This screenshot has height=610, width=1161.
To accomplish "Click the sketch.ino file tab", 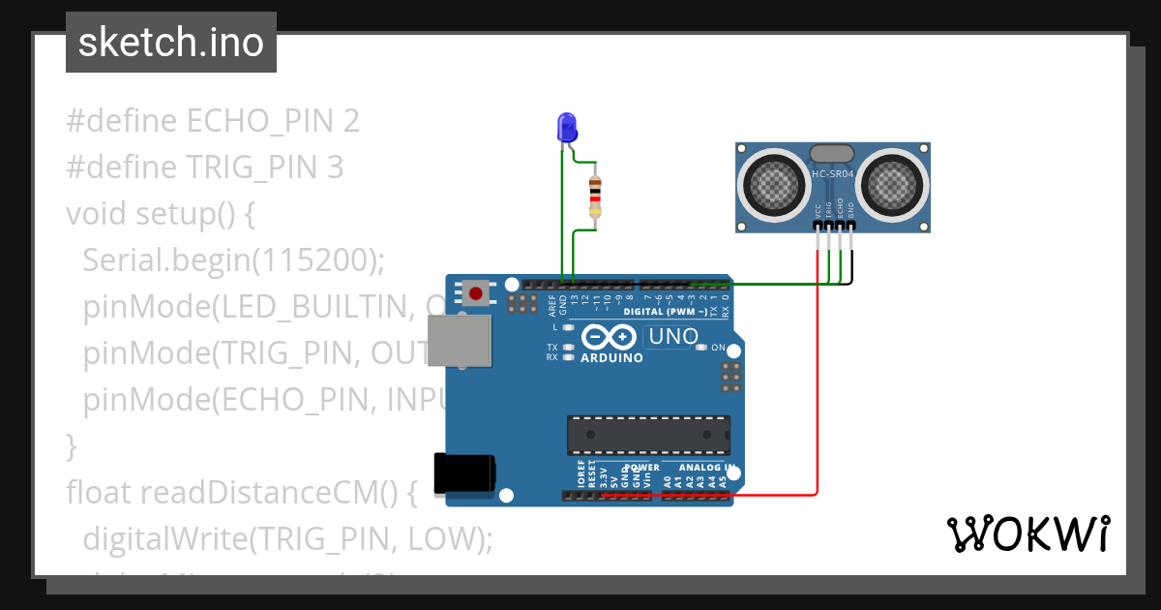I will (x=170, y=43).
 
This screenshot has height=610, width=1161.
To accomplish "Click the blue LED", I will (x=567, y=128).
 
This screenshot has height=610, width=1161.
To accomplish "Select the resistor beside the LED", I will (x=595, y=198).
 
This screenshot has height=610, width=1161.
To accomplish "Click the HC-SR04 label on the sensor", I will (x=832, y=174).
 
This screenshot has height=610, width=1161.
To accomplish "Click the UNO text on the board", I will (x=672, y=337).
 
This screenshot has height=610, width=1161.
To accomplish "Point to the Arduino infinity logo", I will (x=610, y=338).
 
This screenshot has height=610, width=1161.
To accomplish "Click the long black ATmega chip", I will (x=648, y=435).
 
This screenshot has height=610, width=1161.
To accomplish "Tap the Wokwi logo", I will (x=1027, y=534).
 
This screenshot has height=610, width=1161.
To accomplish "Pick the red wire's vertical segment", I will (x=818, y=387).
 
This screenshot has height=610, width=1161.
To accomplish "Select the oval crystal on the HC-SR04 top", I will (x=831, y=153).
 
